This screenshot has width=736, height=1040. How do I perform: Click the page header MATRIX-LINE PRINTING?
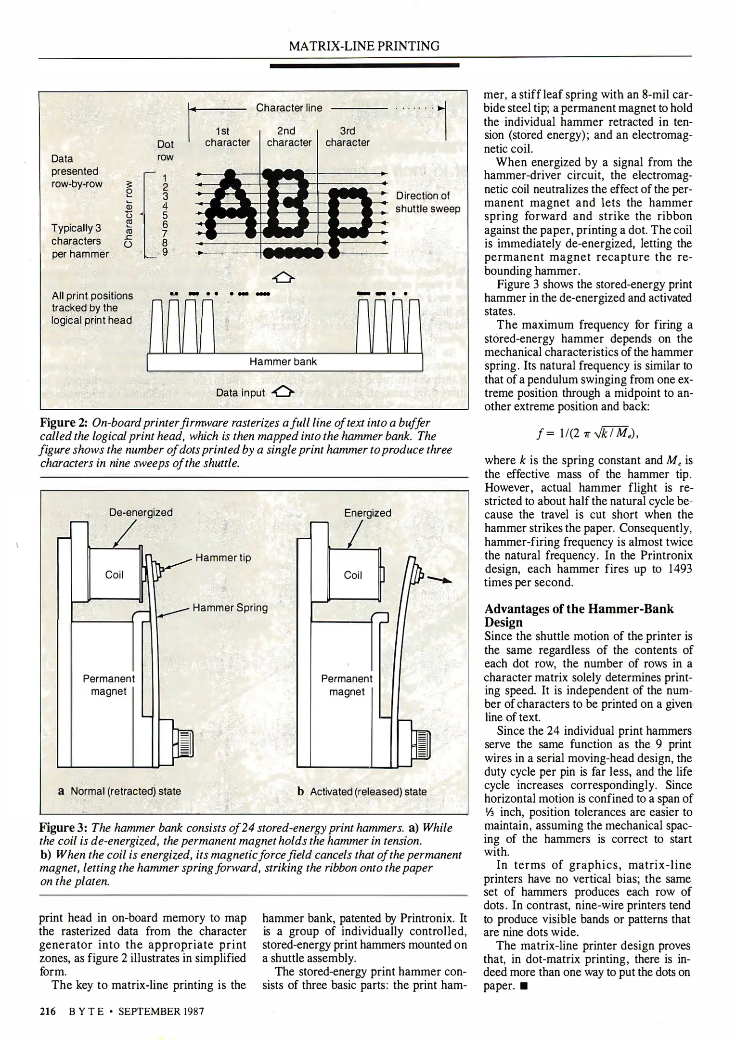point(364,46)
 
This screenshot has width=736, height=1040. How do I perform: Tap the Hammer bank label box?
point(284,362)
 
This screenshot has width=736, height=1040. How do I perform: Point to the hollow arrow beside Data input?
point(283,392)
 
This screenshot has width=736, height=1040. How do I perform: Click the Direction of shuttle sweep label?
point(427,202)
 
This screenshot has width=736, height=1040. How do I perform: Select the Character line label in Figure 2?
point(289,108)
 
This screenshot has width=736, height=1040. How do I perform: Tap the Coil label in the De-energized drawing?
point(114,575)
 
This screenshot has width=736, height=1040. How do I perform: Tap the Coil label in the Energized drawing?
point(352,575)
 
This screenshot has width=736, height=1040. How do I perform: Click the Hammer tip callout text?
point(223,558)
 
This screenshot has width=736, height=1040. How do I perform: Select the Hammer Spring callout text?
point(230,608)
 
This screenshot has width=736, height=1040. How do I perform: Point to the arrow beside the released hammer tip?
point(439,580)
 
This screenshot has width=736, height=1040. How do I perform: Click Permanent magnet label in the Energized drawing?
point(347,685)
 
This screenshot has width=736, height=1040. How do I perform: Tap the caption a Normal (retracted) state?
point(119,791)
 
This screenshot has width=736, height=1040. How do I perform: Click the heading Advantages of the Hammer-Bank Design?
point(579,615)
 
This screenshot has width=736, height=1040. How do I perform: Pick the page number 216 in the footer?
point(48,1012)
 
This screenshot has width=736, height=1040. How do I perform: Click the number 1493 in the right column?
point(679,569)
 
